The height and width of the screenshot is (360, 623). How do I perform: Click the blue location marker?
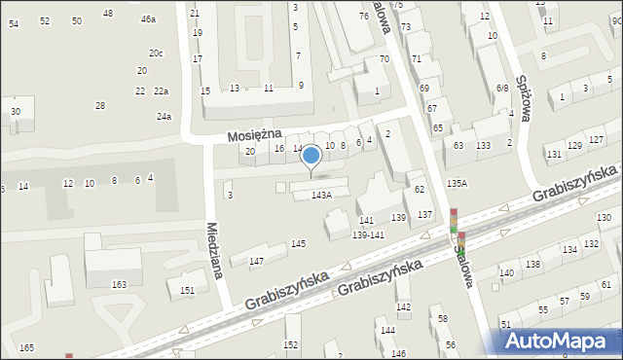coord(311,156)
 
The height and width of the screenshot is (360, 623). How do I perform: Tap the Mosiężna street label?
coord(255,133)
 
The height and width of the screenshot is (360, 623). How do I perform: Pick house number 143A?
coord(321,195)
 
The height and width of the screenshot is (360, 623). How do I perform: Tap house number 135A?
coord(457,183)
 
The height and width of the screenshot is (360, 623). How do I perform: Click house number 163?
coord(119,284)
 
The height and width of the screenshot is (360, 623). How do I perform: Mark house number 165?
coord(26,347)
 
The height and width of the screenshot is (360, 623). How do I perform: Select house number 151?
coord(187,290)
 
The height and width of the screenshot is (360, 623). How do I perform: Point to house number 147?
coord(256,261)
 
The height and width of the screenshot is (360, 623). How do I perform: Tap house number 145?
coord(299,243)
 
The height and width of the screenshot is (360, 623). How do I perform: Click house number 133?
coord(483,145)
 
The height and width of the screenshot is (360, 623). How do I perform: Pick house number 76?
coord(364,17)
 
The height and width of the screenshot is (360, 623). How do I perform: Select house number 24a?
coord(164,117)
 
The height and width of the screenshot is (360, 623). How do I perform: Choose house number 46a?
coord(148,19)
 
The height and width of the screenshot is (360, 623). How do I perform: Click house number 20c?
coord(156,53)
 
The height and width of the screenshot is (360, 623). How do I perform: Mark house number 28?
coord(99,105)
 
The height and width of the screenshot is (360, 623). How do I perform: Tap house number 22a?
coord(161,90)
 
